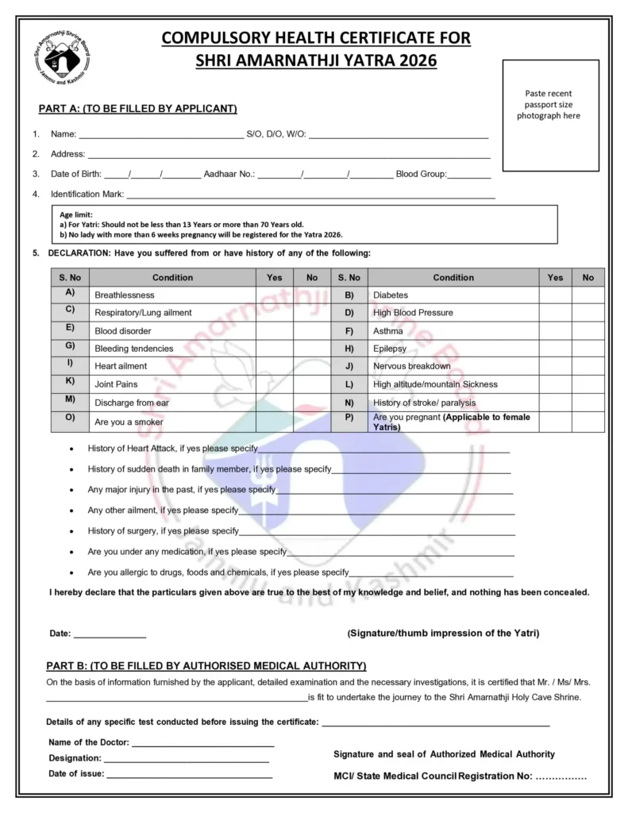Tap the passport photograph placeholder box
pos(550,115)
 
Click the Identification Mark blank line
pos(310,195)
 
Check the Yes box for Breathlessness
pos(274,295)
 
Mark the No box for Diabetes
pos(588,295)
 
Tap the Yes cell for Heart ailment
pos(274,366)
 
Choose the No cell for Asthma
pos(588,330)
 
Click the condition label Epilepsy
pos(390,349)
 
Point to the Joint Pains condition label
pos(116,384)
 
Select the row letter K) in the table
pos(70,382)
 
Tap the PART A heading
pos(137,109)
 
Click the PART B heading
pos(206,665)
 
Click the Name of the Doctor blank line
pos(202,745)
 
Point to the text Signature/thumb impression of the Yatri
pos(443,634)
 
